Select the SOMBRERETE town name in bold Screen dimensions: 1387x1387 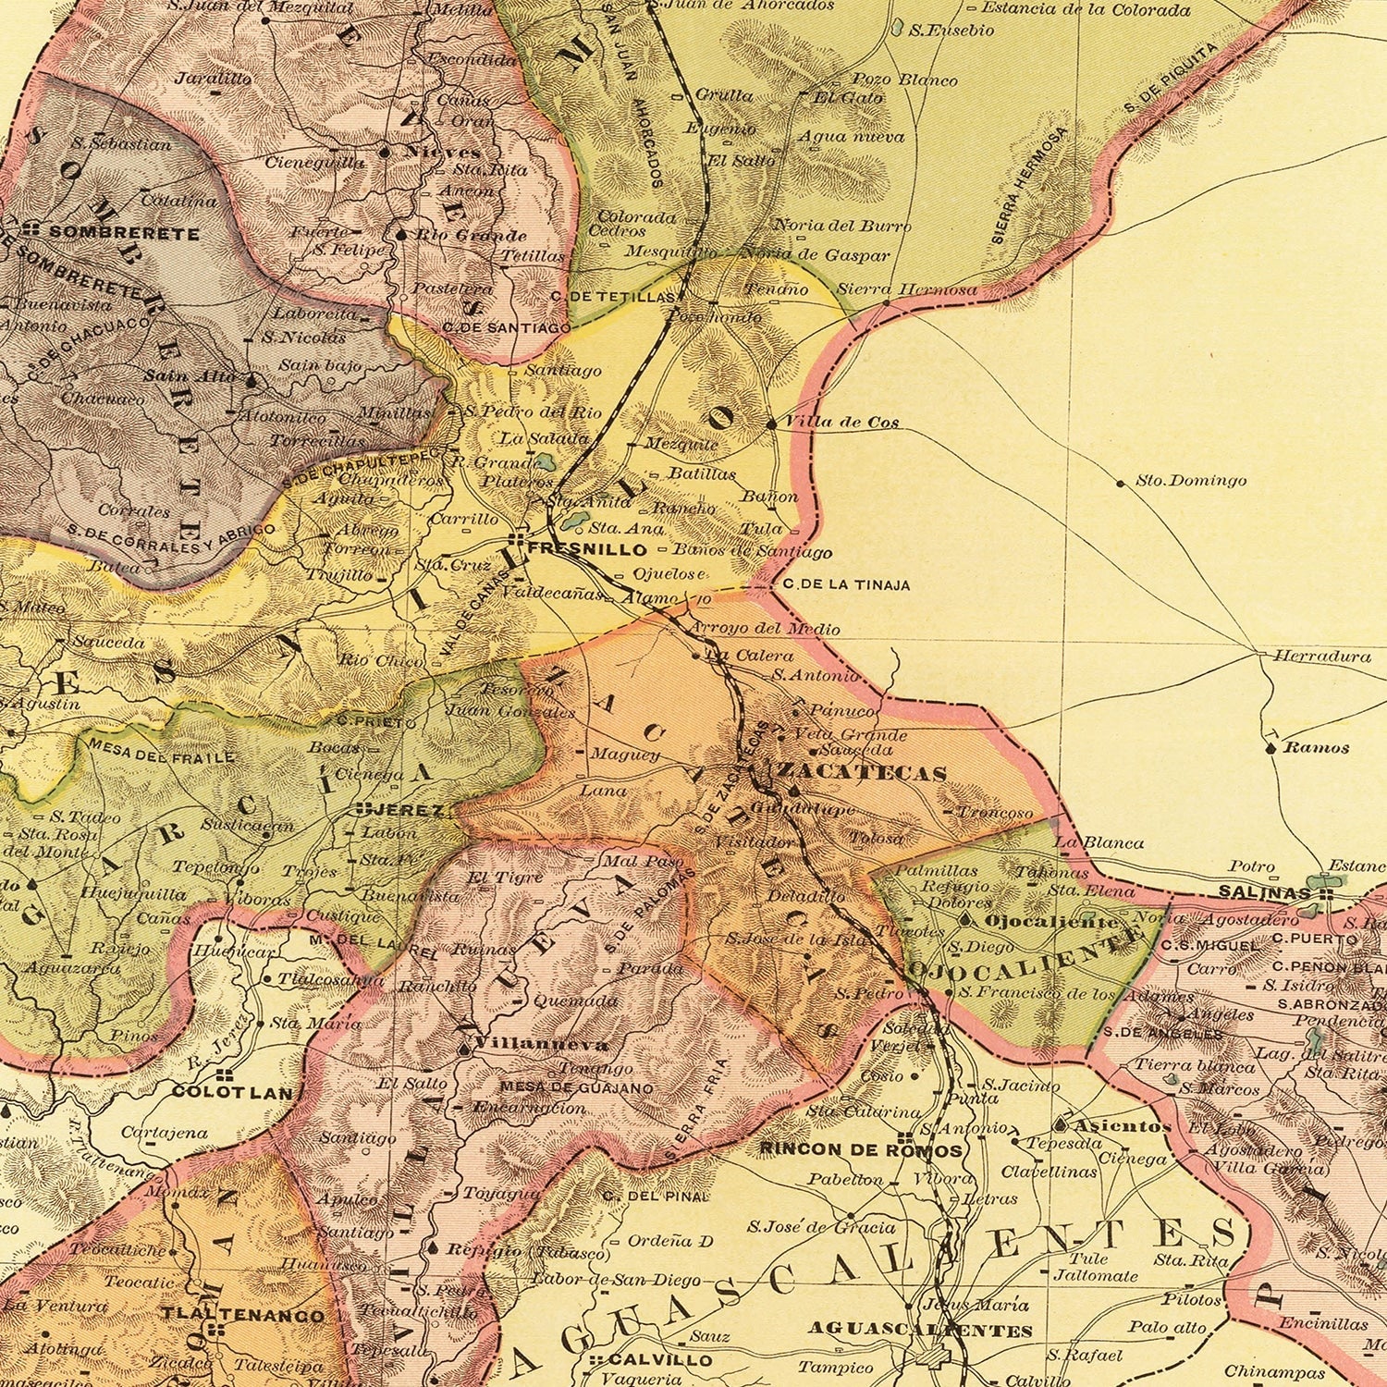tap(124, 233)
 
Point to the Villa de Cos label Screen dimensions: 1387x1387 tap(841, 423)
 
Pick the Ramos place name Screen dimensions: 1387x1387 tap(1317, 747)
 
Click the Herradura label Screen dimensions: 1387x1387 tap(1322, 657)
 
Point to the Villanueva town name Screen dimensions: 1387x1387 tap(541, 1045)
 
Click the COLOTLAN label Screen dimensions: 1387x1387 tap(232, 1092)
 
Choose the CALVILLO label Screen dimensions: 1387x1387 tap(660, 1360)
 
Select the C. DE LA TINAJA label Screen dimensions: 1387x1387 tap(845, 585)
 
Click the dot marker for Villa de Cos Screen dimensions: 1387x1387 tap(772, 423)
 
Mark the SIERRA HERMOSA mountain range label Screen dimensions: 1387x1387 tap(1028, 185)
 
